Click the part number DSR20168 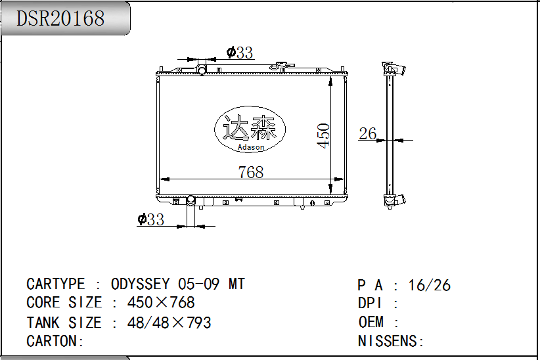(60, 18)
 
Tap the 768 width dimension (251, 172)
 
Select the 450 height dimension (323, 136)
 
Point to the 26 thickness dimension (367, 133)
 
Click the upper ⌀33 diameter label (240, 53)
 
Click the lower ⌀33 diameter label (150, 219)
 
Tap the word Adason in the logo (251, 147)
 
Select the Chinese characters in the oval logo (250, 127)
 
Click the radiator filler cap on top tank (282, 66)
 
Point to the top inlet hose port (202, 70)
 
